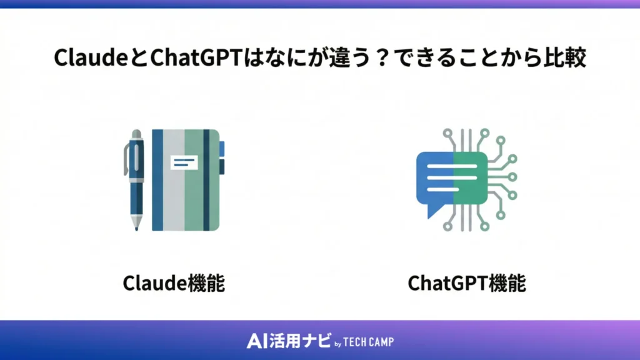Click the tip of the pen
click(136, 226)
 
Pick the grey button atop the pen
click(136, 134)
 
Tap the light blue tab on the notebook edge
click(222, 149)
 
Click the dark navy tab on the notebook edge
click(222, 167)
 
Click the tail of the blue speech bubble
click(432, 212)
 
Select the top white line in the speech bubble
click(451, 169)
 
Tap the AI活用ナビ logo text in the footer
click(284, 341)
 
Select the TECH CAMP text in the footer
click(369, 342)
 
